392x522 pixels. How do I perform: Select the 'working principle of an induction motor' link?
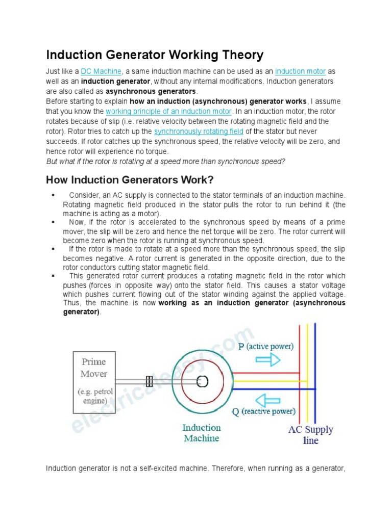(169, 112)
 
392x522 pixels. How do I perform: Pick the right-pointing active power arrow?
(267, 360)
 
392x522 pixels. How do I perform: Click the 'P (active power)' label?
(266, 346)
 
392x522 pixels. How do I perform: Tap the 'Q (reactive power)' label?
(263, 411)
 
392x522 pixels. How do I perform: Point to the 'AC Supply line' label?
(310, 435)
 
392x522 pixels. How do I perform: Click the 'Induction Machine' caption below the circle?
(201, 433)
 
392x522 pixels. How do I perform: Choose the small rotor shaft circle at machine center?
(202, 380)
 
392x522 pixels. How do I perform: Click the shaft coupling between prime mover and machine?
(150, 381)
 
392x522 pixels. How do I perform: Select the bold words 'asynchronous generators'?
(151, 91)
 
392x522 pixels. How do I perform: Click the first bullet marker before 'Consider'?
(53, 195)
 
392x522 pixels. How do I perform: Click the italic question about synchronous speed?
(165, 162)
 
